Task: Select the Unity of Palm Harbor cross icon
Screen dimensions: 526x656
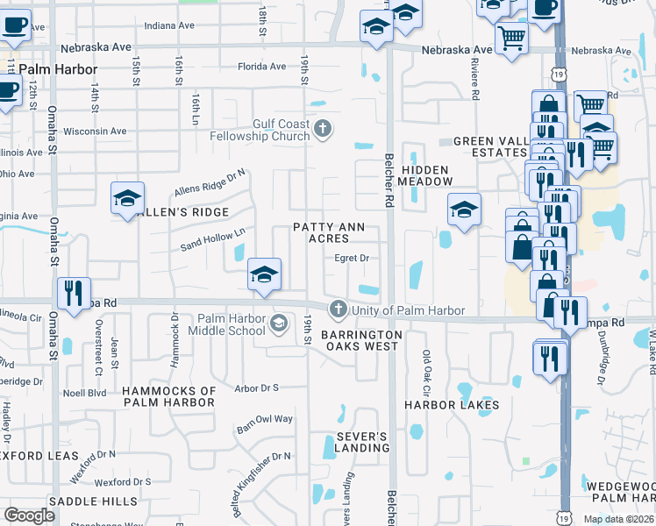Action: [339, 309]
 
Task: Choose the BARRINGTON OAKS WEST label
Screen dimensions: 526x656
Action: [360, 340]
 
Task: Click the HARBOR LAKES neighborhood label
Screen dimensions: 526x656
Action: [452, 405]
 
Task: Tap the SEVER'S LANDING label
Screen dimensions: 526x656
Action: [362, 442]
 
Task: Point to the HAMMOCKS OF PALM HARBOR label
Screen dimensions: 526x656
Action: [169, 396]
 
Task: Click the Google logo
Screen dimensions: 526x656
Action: [30, 515]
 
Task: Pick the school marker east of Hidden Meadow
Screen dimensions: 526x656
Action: [464, 209]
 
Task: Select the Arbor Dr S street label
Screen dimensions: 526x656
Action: [257, 387]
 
